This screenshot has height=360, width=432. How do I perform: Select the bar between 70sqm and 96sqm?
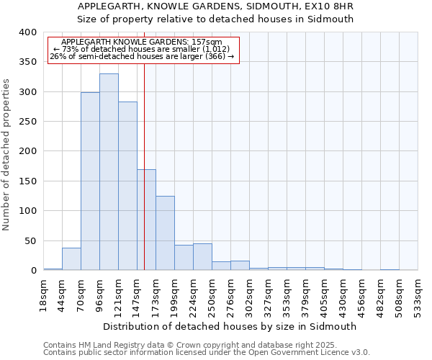(90, 181)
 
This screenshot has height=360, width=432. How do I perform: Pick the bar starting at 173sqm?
(165, 233)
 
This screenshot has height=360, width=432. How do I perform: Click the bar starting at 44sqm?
(71, 258)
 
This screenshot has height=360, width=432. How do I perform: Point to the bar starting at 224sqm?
(202, 257)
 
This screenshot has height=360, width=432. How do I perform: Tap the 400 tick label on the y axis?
(27, 32)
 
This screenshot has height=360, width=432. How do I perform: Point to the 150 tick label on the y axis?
(27, 181)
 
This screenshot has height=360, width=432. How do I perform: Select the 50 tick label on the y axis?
(30, 240)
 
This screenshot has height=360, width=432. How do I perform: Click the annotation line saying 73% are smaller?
(142, 49)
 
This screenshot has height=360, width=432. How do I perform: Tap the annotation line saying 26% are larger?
(142, 56)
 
